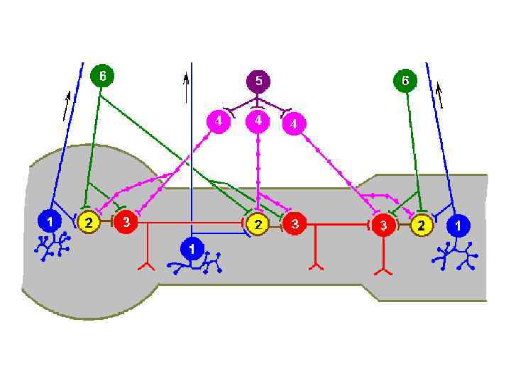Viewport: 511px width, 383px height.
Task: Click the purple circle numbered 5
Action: (x=258, y=81)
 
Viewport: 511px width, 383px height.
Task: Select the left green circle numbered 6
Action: (x=102, y=76)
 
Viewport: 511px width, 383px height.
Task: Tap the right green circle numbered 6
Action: (x=405, y=81)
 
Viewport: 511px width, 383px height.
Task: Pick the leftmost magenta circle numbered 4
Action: (x=219, y=122)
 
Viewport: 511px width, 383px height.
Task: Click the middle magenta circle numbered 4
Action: (x=258, y=122)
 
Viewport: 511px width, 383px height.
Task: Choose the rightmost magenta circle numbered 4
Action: (x=294, y=124)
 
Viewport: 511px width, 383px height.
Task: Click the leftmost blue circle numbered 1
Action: (x=50, y=221)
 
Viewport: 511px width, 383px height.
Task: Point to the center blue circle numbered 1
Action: (x=192, y=249)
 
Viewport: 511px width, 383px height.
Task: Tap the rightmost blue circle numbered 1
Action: (x=458, y=226)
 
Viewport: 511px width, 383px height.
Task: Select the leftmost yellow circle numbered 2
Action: (x=88, y=222)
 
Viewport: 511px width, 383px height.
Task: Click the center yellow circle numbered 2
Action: (x=258, y=224)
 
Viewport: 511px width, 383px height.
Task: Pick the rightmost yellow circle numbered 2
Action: (x=422, y=225)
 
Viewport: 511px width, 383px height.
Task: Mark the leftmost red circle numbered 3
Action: (x=126, y=221)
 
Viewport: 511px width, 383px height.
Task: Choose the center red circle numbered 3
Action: (x=295, y=224)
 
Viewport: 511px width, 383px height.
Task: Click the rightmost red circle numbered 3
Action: (x=384, y=225)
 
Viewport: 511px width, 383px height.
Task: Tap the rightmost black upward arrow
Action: (x=440, y=95)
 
